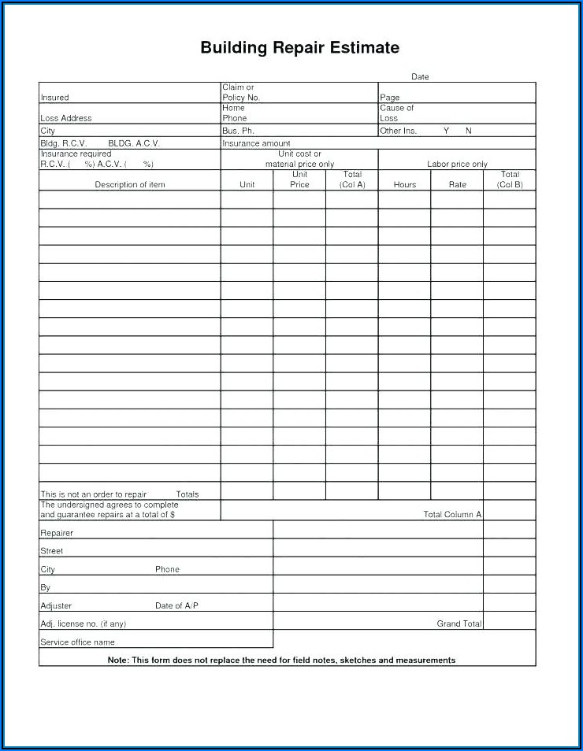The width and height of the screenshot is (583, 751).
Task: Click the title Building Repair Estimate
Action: pos(299,48)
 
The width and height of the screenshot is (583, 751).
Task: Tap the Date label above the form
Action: pos(420,77)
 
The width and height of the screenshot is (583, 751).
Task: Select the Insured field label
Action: pos(54,98)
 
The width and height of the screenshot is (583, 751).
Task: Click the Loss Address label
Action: pos(65,118)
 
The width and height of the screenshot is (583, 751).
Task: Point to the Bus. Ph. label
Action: pos(238,131)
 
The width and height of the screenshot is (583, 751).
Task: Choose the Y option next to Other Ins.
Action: pos(446,131)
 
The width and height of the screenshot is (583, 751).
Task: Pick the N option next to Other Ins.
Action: pos(468,131)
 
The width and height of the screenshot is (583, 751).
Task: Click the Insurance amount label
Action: pos(256,143)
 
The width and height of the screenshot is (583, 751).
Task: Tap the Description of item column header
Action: pos(130,184)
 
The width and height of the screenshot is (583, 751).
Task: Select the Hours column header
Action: pos(404,184)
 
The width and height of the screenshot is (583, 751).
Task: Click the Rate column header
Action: pos(457,184)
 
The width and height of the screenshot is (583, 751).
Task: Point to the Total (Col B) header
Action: pos(510,179)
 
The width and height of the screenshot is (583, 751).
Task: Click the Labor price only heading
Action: pos(457,164)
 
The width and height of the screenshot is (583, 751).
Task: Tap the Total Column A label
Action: pos(452,514)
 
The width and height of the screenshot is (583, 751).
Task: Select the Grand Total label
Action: pos(459,623)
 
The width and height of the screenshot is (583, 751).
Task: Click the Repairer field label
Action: pos(57,533)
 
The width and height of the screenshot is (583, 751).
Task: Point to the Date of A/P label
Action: pos(176,605)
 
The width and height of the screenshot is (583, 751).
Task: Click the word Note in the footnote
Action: pos(117,660)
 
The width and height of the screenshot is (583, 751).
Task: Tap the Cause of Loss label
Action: pos(396,113)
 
